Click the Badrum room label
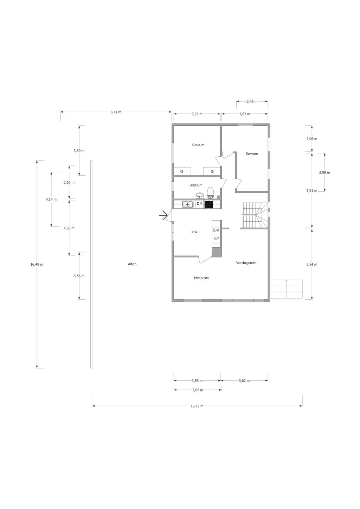195,185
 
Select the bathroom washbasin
200,195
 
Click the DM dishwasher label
199,204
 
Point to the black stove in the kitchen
209,204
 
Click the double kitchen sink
187,204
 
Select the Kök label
194,232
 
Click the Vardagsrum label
246,263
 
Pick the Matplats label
201,278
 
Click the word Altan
132,264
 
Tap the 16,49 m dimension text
37,265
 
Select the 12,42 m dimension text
197,406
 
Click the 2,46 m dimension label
252,102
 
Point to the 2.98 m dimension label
324,172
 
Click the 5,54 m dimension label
311,265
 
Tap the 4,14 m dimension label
51,200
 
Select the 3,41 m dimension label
116,112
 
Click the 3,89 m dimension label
79,151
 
